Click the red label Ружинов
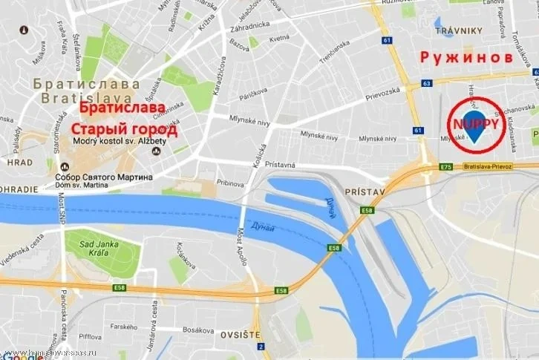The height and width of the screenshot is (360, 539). tap(466, 57)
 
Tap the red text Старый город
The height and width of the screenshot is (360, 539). tap(125, 131)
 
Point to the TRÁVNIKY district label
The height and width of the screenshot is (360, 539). tap(459, 30)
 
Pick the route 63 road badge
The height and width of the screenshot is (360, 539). tap(427, 83)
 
